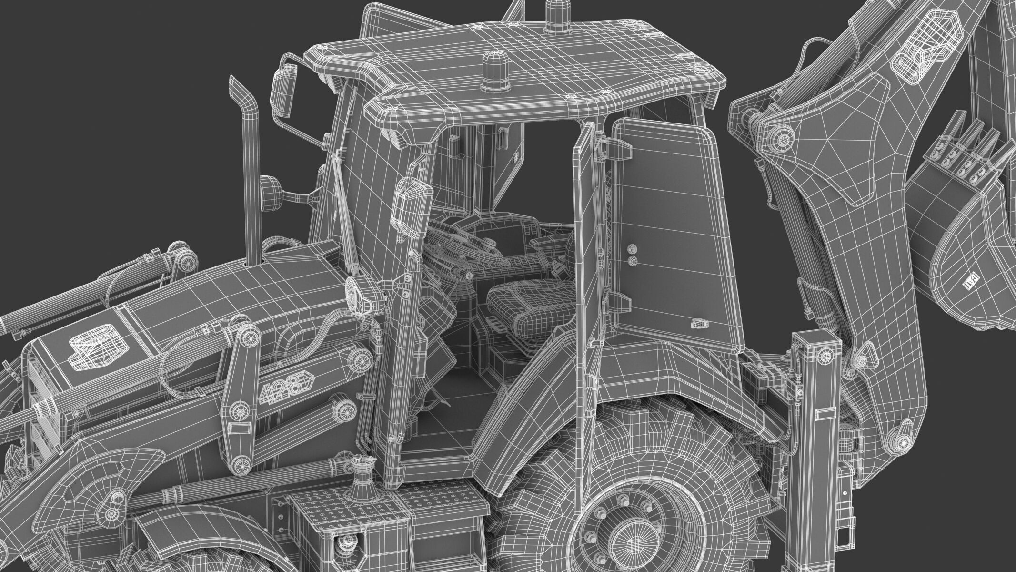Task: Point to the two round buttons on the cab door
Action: tap(632, 254)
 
